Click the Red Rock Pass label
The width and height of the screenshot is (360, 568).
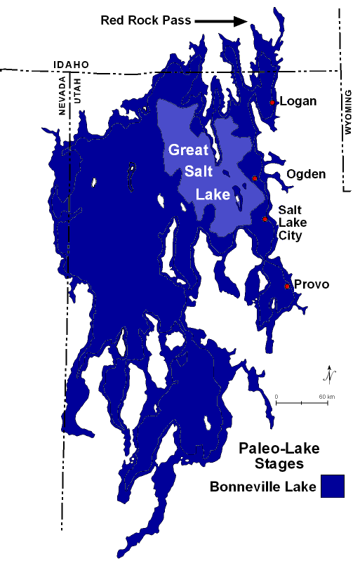[x=145, y=20]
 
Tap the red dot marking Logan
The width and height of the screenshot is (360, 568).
[x=272, y=103]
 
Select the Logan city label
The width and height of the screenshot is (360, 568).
[x=298, y=101]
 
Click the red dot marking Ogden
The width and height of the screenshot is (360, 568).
[x=255, y=178]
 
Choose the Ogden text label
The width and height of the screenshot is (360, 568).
[x=306, y=174]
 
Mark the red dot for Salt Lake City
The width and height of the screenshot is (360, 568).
[x=265, y=219]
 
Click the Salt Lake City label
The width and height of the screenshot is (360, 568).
[x=291, y=223]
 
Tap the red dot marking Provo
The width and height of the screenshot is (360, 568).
[x=287, y=286]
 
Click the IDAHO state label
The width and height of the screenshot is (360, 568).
[x=71, y=65]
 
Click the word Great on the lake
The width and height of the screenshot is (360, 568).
[x=187, y=150]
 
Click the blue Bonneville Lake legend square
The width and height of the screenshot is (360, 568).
[x=333, y=487]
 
